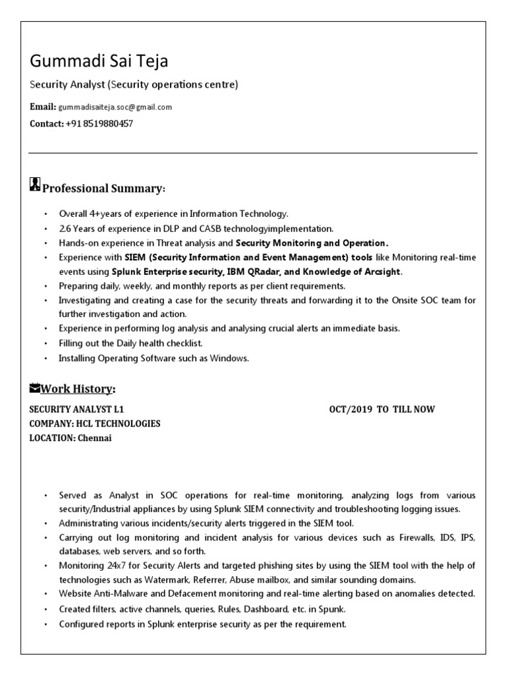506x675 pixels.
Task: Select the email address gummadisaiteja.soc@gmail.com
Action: click(x=115, y=107)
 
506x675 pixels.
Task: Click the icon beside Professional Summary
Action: click(x=36, y=185)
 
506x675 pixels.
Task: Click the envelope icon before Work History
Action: click(x=36, y=387)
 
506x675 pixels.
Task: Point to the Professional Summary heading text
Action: click(x=103, y=189)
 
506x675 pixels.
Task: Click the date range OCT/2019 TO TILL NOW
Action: click(x=381, y=409)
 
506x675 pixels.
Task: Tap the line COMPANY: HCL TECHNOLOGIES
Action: click(x=95, y=423)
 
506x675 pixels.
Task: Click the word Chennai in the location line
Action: click(x=95, y=438)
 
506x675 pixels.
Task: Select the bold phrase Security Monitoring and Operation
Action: click(x=312, y=243)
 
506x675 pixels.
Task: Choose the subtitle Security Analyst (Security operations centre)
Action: click(x=134, y=85)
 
